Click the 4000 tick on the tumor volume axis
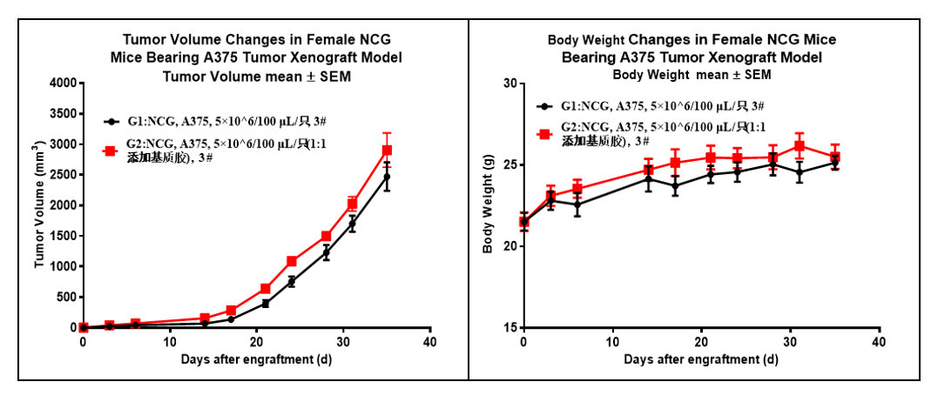coord(61,84)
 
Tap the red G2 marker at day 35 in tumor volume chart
coord(387,151)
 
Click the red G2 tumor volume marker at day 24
coord(292,261)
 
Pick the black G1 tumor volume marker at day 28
coord(326,253)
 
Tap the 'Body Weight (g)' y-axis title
coord(488,205)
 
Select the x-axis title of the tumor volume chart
coord(255,359)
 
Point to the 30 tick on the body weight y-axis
coord(509,84)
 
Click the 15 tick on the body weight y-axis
coord(509,327)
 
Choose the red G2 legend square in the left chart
coord(111,151)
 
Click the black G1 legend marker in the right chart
coord(544,106)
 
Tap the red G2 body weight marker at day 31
coord(800,146)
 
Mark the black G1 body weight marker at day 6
coord(577,205)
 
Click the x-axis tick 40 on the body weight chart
coord(880,341)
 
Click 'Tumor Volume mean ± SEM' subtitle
coord(255,75)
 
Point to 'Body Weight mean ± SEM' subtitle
coord(692,74)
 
